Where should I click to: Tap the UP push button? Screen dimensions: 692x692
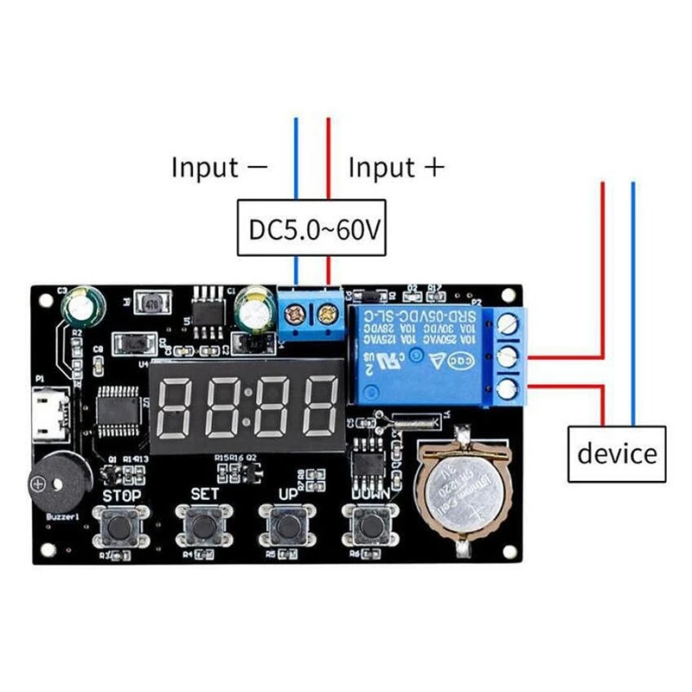coord(286,523)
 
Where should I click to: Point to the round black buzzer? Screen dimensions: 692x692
coord(50,481)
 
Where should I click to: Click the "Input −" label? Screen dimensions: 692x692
coord(219,167)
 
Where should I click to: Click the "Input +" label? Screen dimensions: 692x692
coord(395,167)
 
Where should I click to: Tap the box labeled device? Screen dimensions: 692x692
coord(617,454)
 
